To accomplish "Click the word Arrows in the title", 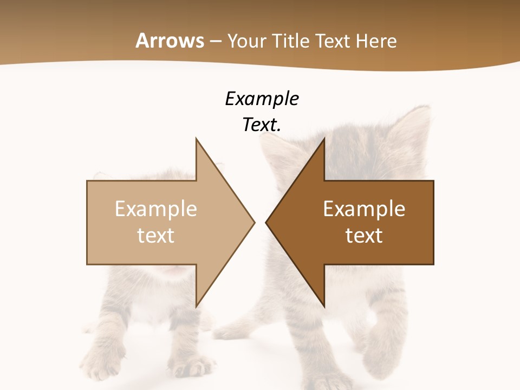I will click(170, 41).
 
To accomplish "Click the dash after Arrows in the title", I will click(215, 42).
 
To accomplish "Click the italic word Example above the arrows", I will click(262, 99).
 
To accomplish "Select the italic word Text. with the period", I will click(262, 125).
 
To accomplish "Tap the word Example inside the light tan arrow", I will click(156, 209).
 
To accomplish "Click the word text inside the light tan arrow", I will click(156, 235).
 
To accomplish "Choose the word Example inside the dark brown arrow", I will click(364, 209).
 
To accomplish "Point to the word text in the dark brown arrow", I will click(364, 235).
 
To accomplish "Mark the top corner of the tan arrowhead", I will click(196, 139).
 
